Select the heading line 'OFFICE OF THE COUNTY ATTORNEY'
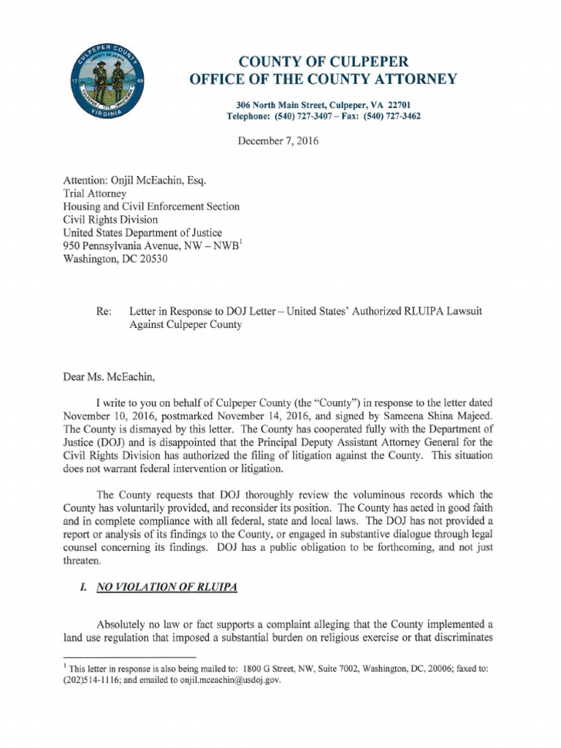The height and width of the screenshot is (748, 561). (x=325, y=80)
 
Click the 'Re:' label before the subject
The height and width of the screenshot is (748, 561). (x=103, y=311)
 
